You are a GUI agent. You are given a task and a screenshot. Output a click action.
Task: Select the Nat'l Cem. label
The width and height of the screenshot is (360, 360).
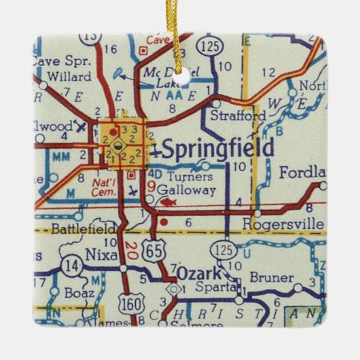[x=97, y=185]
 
